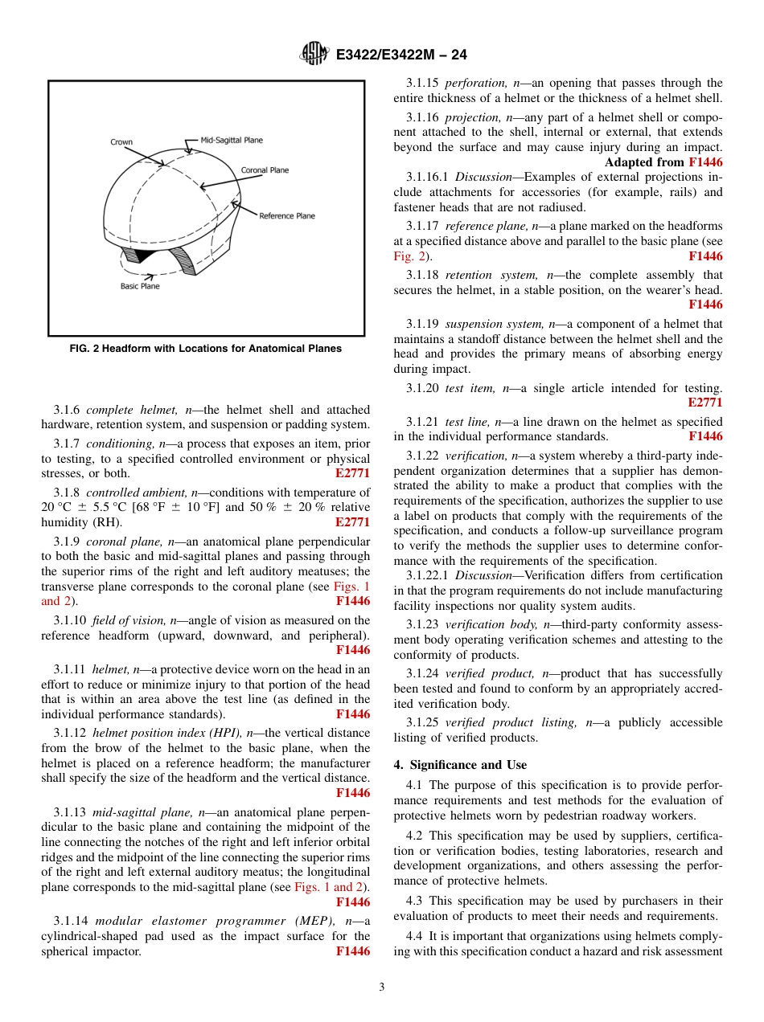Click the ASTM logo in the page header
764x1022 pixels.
coord(314,54)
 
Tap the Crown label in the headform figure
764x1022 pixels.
coord(121,142)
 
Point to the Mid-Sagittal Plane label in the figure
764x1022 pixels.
coord(232,140)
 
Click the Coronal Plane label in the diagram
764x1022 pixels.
coord(265,170)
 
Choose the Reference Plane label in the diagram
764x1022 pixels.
coord(286,215)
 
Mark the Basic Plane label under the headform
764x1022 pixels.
coord(140,286)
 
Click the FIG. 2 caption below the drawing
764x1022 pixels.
coord(205,349)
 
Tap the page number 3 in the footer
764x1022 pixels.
coord(382,987)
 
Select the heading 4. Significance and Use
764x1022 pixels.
coord(460,765)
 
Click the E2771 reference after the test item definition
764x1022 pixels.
coord(705,403)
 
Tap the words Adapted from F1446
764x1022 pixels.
coord(663,162)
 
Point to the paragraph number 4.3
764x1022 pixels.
coord(416,901)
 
